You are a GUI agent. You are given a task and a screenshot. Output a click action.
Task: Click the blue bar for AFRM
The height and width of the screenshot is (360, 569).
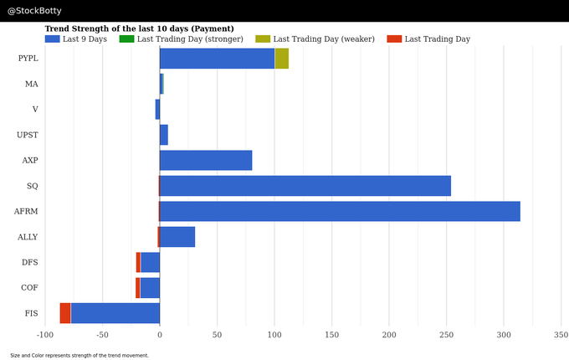340,211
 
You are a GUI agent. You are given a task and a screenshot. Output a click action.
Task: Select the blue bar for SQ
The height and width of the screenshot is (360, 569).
305,186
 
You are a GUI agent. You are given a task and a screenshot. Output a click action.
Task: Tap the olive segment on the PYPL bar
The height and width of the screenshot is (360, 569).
282,59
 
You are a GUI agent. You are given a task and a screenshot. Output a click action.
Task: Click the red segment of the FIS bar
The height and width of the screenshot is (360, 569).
65,313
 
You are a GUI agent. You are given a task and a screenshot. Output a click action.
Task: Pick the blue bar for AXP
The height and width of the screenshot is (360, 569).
206,160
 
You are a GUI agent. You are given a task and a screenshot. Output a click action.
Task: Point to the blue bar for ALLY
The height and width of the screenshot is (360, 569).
177,237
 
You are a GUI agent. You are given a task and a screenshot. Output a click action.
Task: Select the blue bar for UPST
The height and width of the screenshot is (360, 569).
164,135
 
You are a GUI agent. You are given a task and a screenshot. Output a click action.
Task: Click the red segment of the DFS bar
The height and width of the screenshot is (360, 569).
138,262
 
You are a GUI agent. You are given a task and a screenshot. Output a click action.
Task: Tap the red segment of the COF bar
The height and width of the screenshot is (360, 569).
137,288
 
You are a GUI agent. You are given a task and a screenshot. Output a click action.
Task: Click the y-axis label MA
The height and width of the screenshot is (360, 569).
32,84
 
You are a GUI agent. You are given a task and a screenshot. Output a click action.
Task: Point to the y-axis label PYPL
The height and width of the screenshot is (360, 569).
28,58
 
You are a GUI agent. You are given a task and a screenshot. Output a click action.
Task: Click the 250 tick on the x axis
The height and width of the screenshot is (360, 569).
447,335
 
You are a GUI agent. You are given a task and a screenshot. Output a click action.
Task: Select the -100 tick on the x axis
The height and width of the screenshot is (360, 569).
44,335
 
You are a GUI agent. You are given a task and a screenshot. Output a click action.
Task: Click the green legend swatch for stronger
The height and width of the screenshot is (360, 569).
126,39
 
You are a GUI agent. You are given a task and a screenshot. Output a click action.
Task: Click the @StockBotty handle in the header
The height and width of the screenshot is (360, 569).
34,11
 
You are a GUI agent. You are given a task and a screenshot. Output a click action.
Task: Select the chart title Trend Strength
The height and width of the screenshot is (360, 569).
139,28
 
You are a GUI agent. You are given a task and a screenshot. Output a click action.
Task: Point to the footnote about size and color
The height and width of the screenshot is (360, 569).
79,355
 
